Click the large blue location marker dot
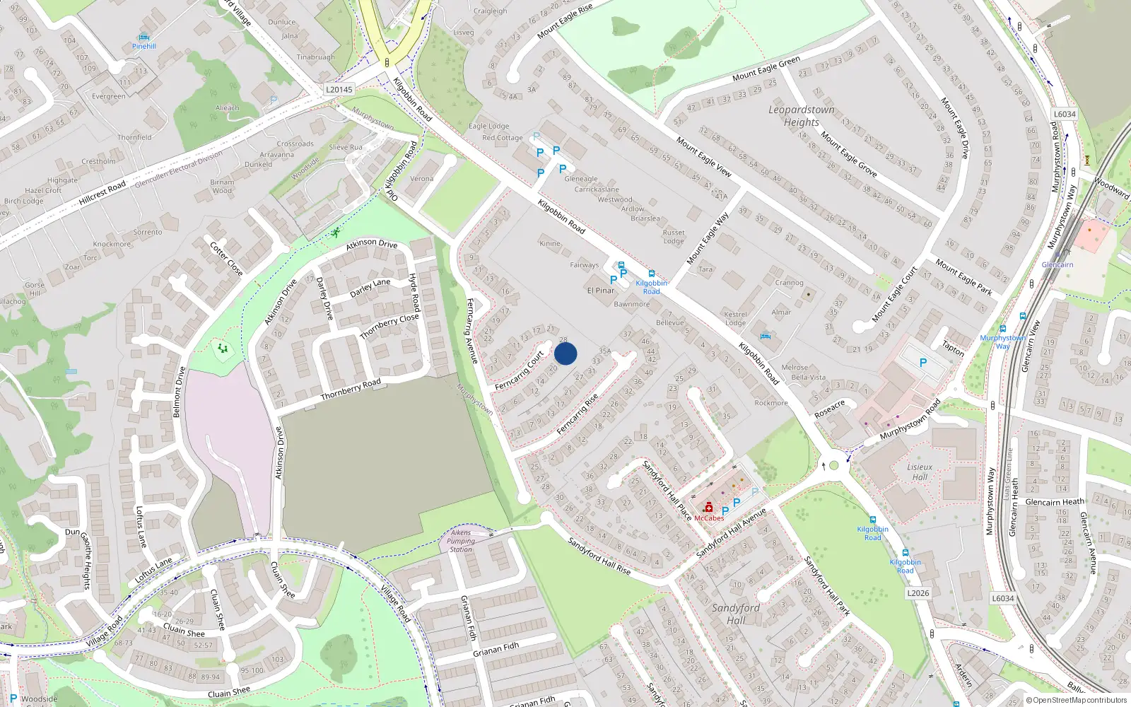(x=565, y=353)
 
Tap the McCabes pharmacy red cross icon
(x=708, y=507)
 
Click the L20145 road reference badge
(x=339, y=90)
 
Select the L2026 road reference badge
(x=918, y=593)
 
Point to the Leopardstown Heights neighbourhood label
(x=802, y=116)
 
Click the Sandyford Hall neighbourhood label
(x=736, y=614)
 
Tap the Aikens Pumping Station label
(x=461, y=541)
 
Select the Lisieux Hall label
(x=920, y=472)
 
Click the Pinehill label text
(x=144, y=47)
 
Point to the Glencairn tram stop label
(x=1057, y=265)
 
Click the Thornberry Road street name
(x=351, y=389)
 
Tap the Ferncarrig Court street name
(x=520, y=370)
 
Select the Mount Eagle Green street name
(x=766, y=69)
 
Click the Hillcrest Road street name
(x=102, y=192)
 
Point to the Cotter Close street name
(x=226, y=259)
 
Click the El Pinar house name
(x=601, y=291)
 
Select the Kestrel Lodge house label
(x=735, y=318)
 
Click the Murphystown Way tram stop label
(x=1002, y=342)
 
